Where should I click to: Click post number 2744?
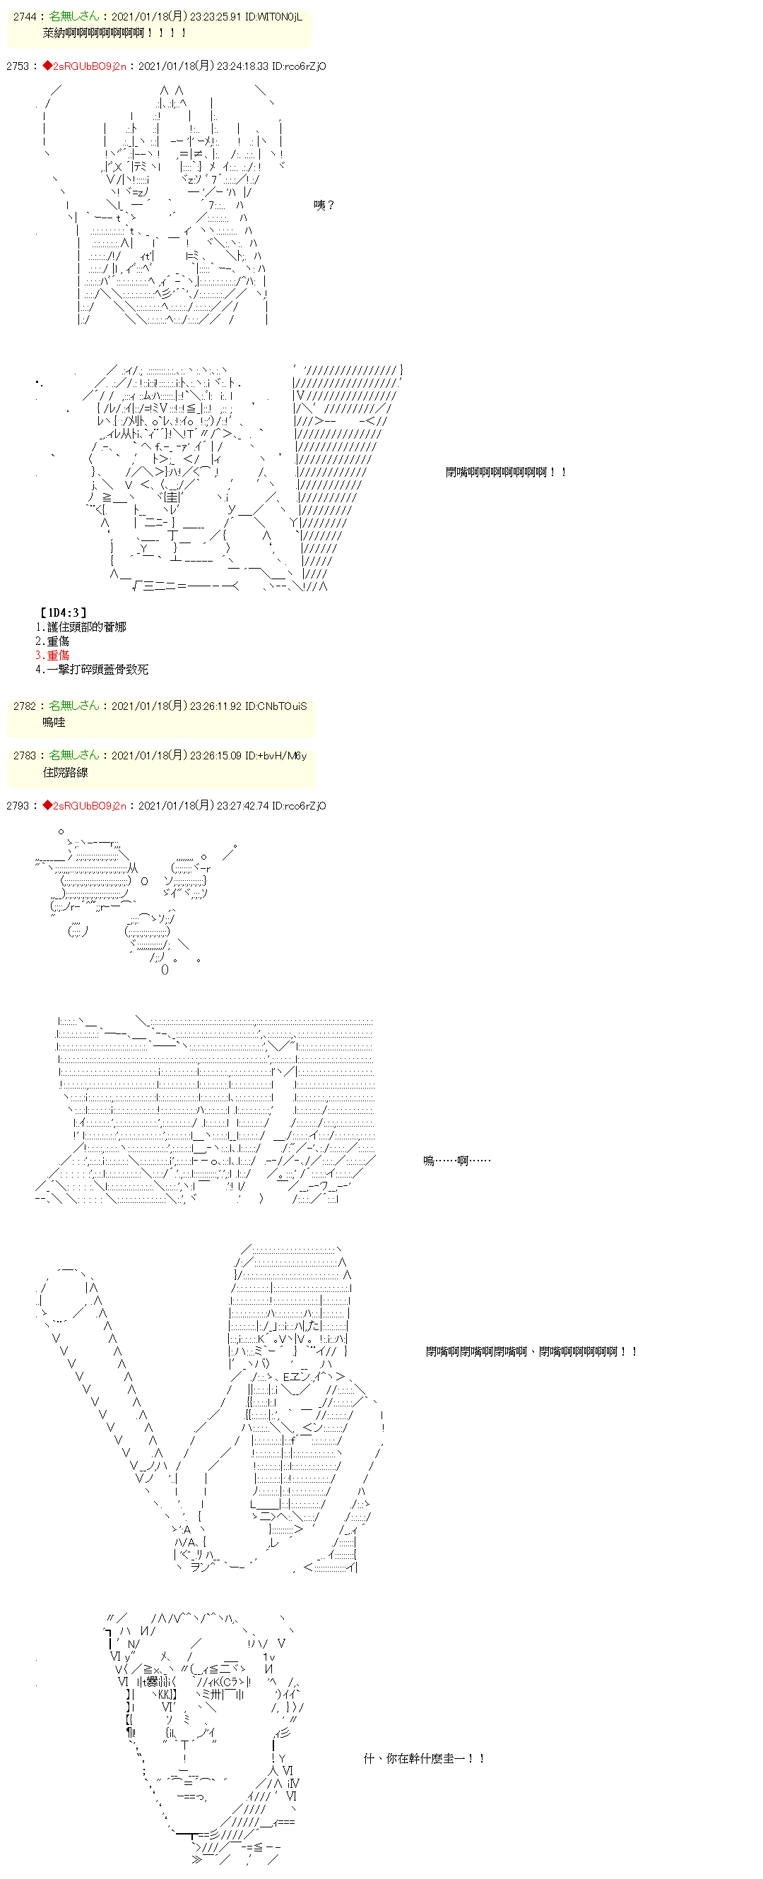(24, 17)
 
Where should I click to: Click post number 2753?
(18, 66)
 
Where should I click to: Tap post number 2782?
(24, 706)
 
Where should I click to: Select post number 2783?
(24, 756)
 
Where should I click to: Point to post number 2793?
(18, 806)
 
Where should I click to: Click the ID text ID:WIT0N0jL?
(273, 17)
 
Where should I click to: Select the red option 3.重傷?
(52, 655)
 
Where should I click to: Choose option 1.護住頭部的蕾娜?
(81, 627)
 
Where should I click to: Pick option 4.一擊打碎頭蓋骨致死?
(91, 669)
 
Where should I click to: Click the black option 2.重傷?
(52, 641)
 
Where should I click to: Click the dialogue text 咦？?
(323, 206)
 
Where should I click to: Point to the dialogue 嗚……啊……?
(456, 1161)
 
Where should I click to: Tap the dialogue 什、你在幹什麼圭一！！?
(424, 1758)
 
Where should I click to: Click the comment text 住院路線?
(65, 771)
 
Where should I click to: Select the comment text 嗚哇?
(54, 722)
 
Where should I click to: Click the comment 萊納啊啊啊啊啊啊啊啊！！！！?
(115, 32)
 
